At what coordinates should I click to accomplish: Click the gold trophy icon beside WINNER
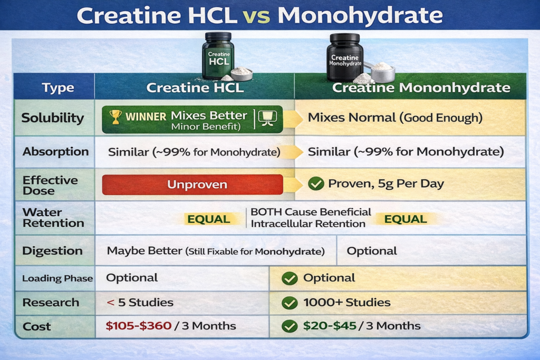pos(115,116)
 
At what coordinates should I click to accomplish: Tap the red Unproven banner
pos(192,184)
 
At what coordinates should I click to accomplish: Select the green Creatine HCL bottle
pos(218,56)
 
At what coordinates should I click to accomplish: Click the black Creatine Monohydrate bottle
pos(345,57)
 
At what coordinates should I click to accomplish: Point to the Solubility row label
pos(53,118)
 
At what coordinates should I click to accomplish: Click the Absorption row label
pos(55,151)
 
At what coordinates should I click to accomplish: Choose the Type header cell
pos(58,87)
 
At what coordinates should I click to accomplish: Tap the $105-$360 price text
pos(139,326)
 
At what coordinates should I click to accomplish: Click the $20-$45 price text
pos(330,326)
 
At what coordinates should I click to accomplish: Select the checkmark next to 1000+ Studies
pos(290,303)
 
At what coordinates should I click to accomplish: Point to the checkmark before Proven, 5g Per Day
pos(316,183)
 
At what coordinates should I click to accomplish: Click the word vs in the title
pos(256,16)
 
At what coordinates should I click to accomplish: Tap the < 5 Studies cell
pos(140,302)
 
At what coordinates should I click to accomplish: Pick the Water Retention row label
pos(53,218)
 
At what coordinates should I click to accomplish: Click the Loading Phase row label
pos(57,278)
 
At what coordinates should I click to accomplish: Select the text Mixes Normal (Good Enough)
pos(395,118)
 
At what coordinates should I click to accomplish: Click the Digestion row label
pos(52,250)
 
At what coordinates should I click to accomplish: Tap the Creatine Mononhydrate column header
pos(421,87)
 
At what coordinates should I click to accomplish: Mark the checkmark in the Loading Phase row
pos(290,278)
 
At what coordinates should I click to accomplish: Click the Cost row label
pos(36,326)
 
